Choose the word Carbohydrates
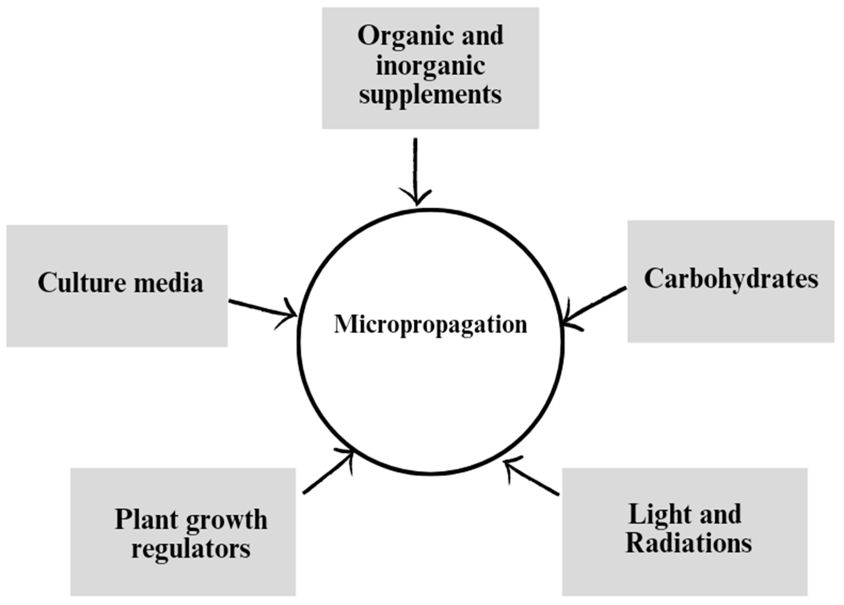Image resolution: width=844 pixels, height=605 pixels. (731, 279)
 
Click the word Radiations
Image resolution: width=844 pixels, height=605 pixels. (688, 544)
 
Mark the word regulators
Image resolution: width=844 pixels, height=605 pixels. (191, 548)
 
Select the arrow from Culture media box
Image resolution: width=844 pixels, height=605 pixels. (261, 308)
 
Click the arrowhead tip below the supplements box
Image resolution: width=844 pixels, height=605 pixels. (416, 204)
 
